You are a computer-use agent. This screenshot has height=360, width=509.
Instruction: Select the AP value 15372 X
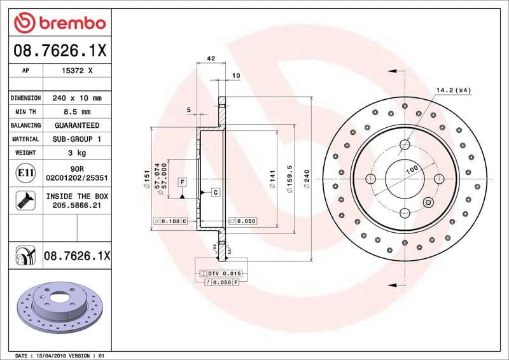(x=77, y=71)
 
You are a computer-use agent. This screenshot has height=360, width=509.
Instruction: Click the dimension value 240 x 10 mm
(x=77, y=98)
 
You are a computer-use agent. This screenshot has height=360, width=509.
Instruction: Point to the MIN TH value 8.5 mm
(x=77, y=111)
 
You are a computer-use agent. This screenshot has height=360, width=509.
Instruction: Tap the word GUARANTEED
(x=77, y=125)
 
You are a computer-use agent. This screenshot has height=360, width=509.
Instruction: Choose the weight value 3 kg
(x=77, y=153)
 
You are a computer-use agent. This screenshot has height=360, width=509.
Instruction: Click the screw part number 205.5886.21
(x=77, y=205)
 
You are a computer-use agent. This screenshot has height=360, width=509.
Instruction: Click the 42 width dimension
(x=211, y=59)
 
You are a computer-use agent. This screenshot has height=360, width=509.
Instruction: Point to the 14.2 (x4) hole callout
(x=454, y=90)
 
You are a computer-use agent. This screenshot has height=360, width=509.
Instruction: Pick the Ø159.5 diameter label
(x=289, y=178)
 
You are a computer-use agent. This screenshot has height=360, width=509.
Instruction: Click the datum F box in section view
(x=182, y=182)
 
